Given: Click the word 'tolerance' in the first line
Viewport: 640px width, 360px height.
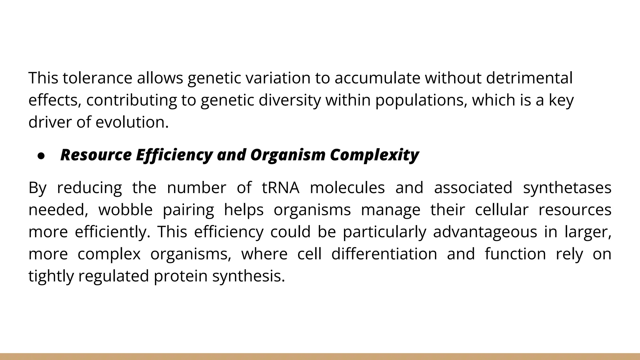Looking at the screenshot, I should (x=97, y=78).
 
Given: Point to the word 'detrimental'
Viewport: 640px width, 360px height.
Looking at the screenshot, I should (x=529, y=78).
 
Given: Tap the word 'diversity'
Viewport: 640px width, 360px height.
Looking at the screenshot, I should (x=290, y=100).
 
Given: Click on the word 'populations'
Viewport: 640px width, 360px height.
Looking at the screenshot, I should (x=421, y=100).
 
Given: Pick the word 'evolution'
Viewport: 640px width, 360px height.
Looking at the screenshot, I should (x=132, y=122).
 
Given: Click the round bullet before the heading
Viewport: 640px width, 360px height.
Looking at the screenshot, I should (x=41, y=156).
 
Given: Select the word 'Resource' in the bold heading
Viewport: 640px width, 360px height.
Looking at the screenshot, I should (x=96, y=155).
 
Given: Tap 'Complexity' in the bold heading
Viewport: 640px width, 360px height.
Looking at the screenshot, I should (x=374, y=155).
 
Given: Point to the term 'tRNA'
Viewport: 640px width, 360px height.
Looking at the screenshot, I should (x=280, y=187).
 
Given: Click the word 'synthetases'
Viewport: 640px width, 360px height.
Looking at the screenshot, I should (x=567, y=187).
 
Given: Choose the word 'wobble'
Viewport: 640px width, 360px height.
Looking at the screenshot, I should (x=125, y=210).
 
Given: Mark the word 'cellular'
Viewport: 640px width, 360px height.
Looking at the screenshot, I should (x=502, y=210).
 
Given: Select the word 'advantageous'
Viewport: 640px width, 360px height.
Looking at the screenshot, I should (x=485, y=232).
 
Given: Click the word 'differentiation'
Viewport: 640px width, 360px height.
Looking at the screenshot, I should (x=384, y=254).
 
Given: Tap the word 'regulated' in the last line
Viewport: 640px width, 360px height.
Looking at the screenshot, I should (x=113, y=276).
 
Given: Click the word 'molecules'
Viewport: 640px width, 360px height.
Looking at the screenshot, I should (x=347, y=187).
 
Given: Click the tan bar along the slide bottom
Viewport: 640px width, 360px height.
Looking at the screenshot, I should (x=320, y=357).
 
